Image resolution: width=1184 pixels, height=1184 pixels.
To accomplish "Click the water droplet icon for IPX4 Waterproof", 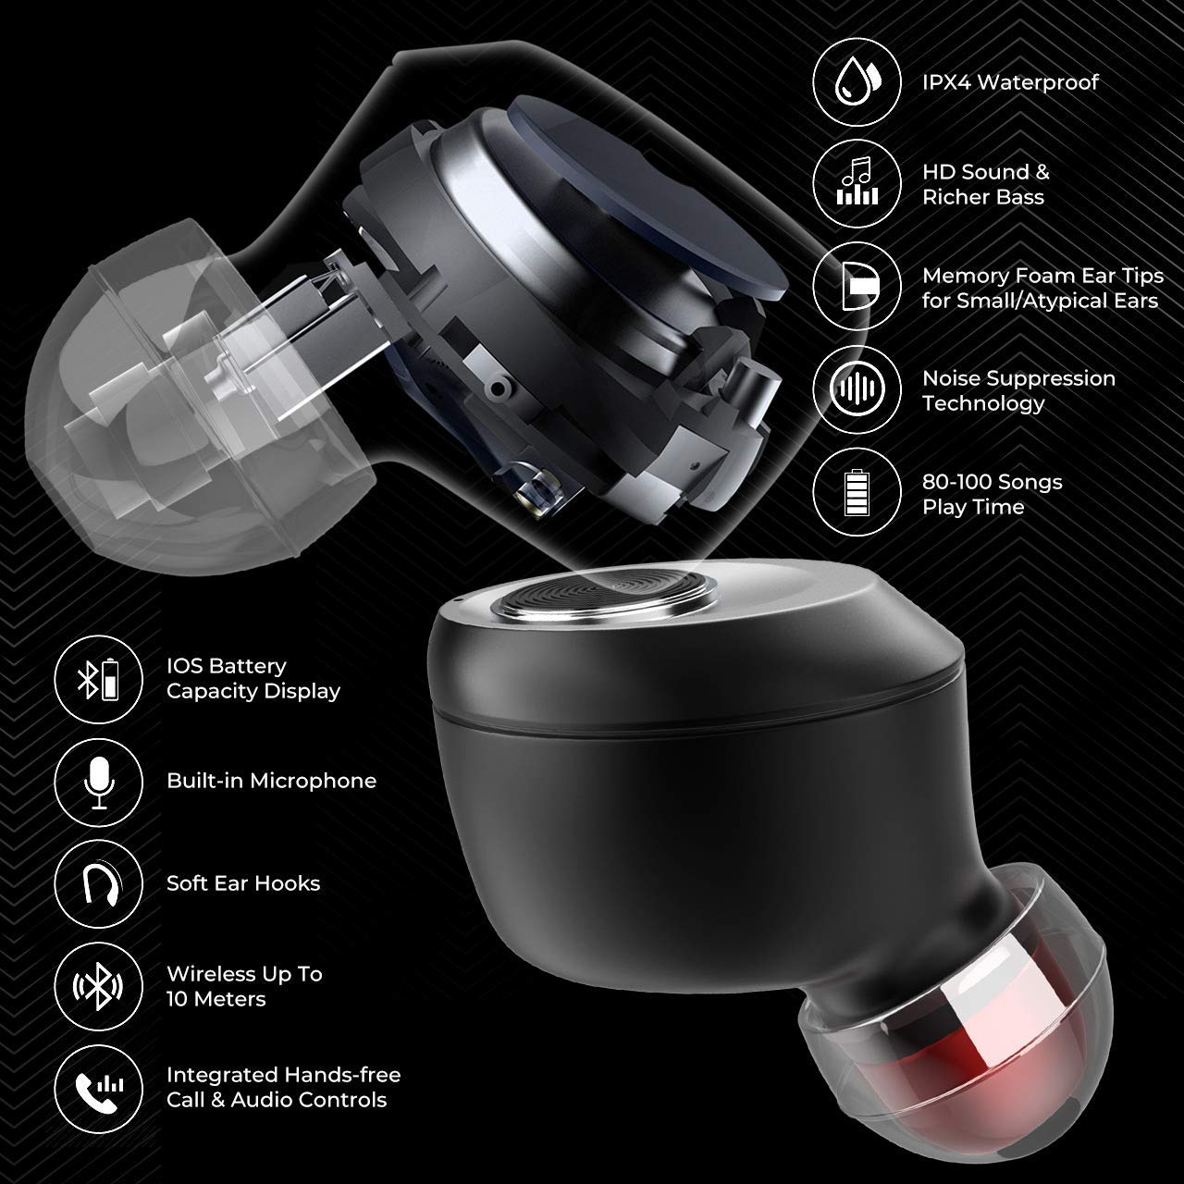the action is tap(857, 81).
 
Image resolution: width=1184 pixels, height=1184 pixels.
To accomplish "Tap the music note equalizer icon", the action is tap(857, 183).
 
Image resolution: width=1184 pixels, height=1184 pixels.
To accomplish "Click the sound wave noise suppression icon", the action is tap(857, 388).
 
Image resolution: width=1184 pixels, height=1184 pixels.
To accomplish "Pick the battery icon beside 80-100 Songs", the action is tap(857, 492).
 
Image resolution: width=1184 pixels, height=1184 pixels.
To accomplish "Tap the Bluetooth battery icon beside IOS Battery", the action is tap(99, 679).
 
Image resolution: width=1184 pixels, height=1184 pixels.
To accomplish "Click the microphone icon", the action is tap(99, 783).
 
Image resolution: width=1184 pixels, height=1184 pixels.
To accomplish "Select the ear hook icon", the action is tap(99, 884).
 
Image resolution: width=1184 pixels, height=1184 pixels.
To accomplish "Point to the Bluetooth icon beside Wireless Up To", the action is tap(99, 987).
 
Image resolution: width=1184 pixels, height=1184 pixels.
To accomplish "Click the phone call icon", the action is tap(99, 1090).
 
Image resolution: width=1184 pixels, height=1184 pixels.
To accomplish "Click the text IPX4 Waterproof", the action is tap(1010, 81).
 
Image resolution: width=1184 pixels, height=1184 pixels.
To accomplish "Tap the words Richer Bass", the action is tap(983, 197).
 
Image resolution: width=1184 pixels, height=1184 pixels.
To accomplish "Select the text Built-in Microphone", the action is tap(272, 781).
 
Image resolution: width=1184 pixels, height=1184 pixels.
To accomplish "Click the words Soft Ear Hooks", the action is tap(243, 883).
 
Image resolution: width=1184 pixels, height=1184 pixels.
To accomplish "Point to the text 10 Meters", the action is tap(216, 999).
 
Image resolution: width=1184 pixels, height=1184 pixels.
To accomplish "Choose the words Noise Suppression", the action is tap(1018, 378).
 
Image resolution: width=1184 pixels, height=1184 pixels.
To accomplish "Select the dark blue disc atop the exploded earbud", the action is tap(645, 197).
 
